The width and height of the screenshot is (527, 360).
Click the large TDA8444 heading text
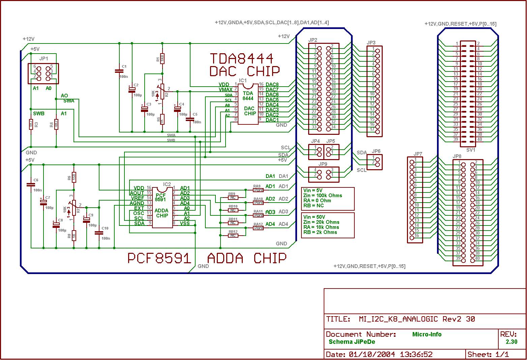coord(241,59)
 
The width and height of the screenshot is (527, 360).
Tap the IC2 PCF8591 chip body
coord(162,207)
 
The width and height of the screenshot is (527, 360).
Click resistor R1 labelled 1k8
coord(162,58)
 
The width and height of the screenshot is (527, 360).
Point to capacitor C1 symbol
coord(119,71)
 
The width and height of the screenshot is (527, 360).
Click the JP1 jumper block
coord(43,73)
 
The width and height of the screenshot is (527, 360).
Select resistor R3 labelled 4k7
coord(31,124)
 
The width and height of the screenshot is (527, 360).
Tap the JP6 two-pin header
coord(375,162)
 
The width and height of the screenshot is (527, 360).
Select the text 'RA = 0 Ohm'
coord(317,200)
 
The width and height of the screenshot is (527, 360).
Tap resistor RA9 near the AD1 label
coord(258,190)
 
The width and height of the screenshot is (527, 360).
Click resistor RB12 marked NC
coord(233,235)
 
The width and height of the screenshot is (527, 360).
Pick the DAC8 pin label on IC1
coord(272,85)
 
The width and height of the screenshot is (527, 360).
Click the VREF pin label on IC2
coord(137,198)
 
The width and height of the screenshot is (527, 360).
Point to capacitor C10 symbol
coord(99,233)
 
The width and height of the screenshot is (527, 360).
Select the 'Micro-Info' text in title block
coord(427,334)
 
